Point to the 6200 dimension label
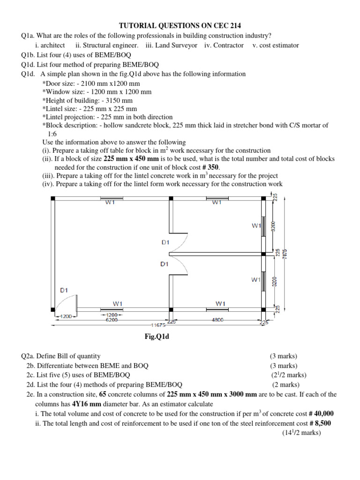(x=112, y=320)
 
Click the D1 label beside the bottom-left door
(x=65, y=290)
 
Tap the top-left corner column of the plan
(x=53, y=198)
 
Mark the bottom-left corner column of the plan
(x=53, y=309)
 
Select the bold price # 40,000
(x=321, y=413)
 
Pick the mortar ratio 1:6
(x=52, y=134)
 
